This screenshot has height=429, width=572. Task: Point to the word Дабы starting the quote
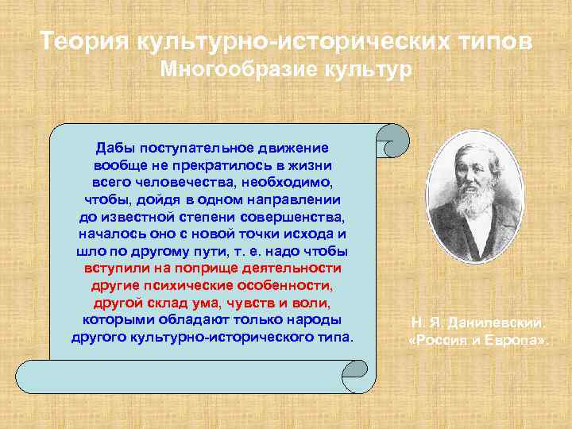click(116, 149)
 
